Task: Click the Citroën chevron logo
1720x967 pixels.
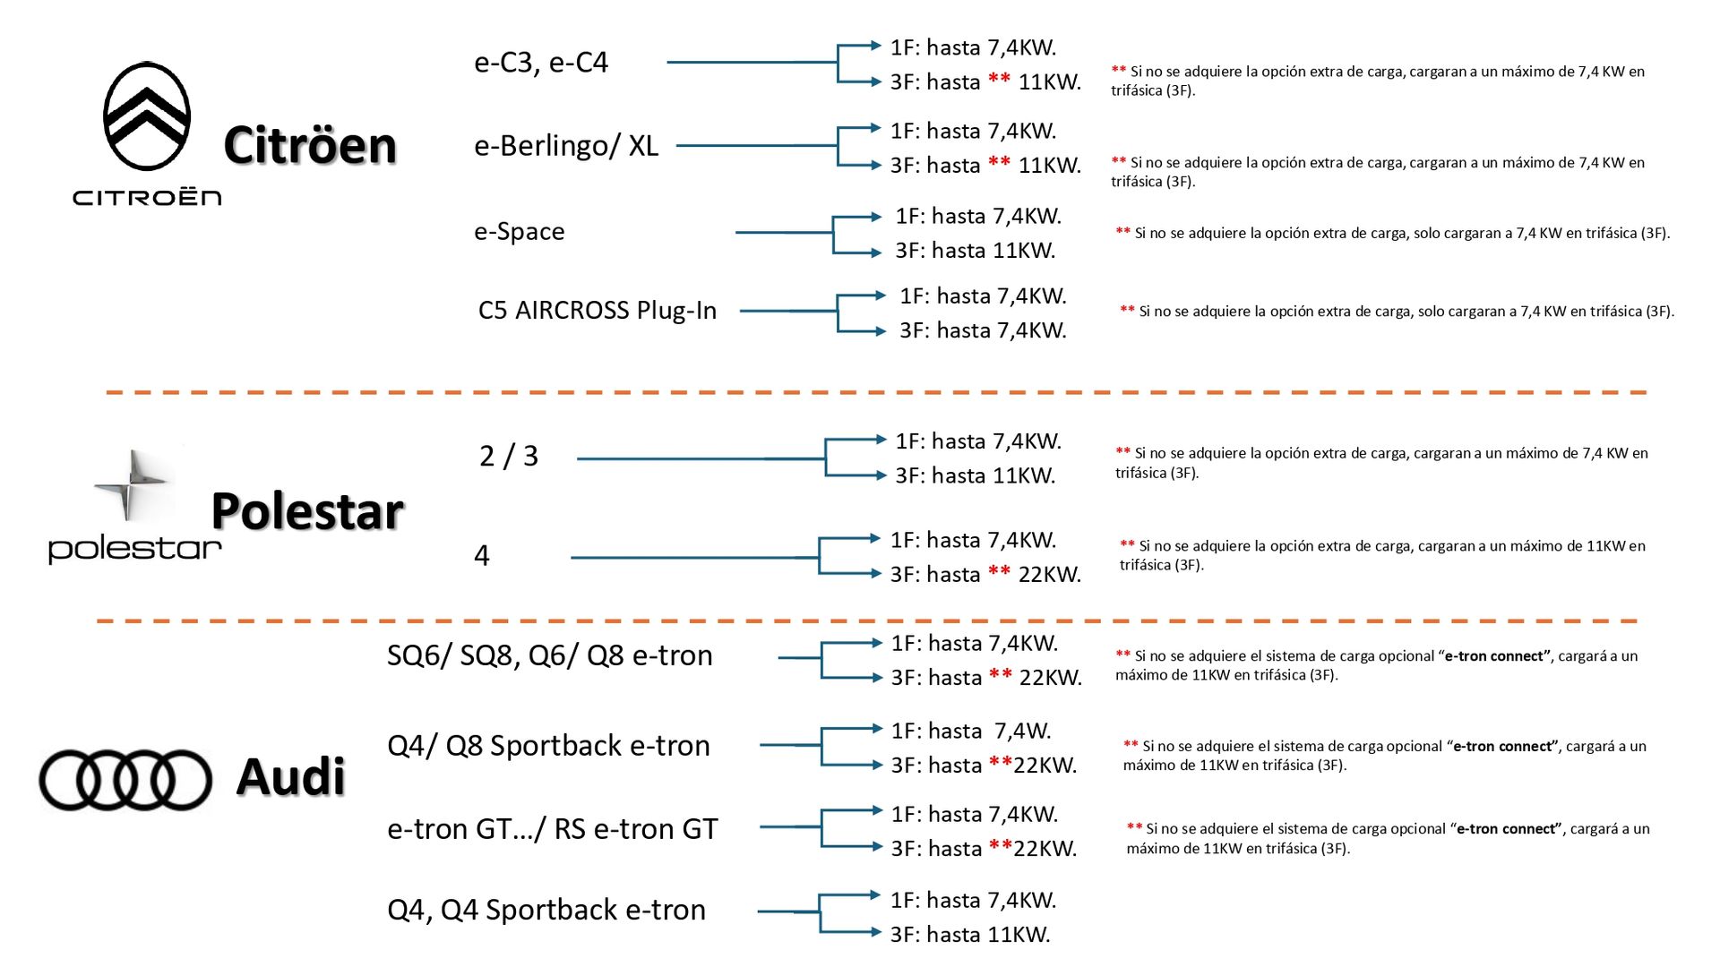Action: (x=147, y=116)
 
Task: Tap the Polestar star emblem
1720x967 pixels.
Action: (x=131, y=484)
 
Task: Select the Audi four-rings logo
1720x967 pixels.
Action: (x=125, y=779)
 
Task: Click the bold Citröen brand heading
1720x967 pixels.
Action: (x=310, y=145)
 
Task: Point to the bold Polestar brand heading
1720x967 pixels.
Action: (x=307, y=511)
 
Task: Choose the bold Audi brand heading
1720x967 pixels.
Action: (x=290, y=776)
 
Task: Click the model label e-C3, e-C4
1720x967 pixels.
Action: (x=541, y=63)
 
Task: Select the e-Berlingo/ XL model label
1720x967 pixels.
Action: (x=566, y=146)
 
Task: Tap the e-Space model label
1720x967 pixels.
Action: (x=520, y=232)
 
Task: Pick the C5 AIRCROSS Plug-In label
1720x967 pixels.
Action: (x=598, y=311)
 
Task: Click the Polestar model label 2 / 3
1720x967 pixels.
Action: (x=509, y=457)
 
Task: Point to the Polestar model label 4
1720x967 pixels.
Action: (x=482, y=556)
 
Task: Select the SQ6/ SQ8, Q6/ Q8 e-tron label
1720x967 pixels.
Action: (x=549, y=655)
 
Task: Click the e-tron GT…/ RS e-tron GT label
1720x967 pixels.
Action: (x=552, y=829)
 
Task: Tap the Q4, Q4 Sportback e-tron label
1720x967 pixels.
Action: (x=546, y=910)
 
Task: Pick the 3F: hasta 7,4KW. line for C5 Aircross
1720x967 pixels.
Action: (x=983, y=331)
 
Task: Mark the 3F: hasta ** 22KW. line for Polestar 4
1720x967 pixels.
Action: (x=985, y=575)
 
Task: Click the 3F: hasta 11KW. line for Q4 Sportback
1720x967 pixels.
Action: (x=970, y=935)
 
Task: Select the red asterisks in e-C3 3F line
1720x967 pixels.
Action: (x=1000, y=81)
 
